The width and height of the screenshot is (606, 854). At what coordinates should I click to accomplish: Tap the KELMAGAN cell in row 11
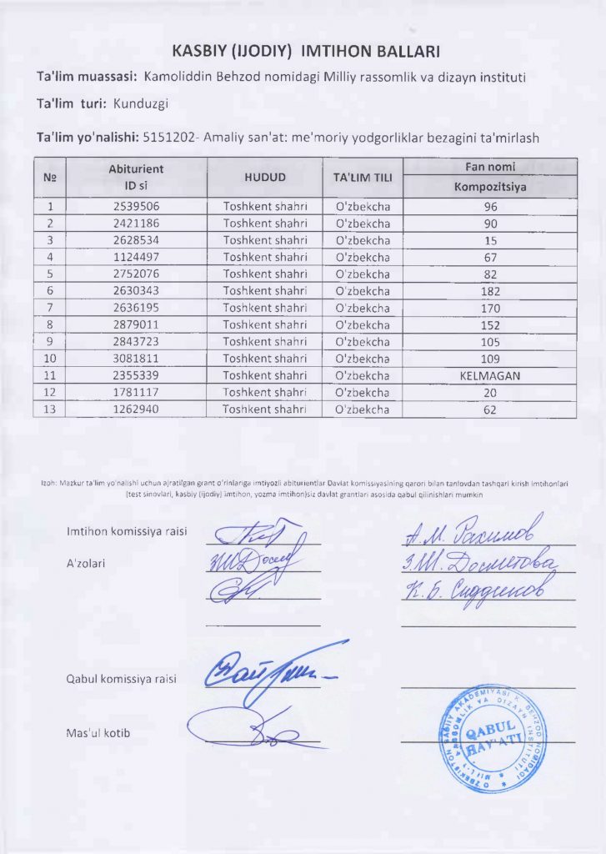pyautogui.click(x=490, y=375)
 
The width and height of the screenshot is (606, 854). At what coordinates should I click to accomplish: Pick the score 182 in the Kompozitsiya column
pyautogui.click(x=490, y=291)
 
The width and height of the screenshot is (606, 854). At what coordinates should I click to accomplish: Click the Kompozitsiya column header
pyautogui.click(x=490, y=187)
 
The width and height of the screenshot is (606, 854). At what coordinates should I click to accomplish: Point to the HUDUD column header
pyautogui.click(x=265, y=177)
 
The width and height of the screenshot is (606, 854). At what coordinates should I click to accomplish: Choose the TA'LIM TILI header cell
pyautogui.click(x=362, y=177)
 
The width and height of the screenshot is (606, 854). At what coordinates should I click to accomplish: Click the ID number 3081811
pyautogui.click(x=136, y=359)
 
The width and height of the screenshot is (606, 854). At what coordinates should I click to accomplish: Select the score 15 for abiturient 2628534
pyautogui.click(x=490, y=240)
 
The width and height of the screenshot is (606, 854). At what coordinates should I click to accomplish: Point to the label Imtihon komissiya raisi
pyautogui.click(x=127, y=531)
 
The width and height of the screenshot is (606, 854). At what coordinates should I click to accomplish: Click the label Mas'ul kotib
pyautogui.click(x=98, y=733)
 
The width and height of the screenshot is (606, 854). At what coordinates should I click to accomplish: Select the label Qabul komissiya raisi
pyautogui.click(x=121, y=678)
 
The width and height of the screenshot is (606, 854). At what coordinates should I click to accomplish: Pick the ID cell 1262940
pyautogui.click(x=136, y=409)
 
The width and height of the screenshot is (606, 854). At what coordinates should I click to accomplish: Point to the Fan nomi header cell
pyautogui.click(x=490, y=166)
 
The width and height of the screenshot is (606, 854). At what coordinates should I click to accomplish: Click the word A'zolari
pyautogui.click(x=88, y=563)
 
